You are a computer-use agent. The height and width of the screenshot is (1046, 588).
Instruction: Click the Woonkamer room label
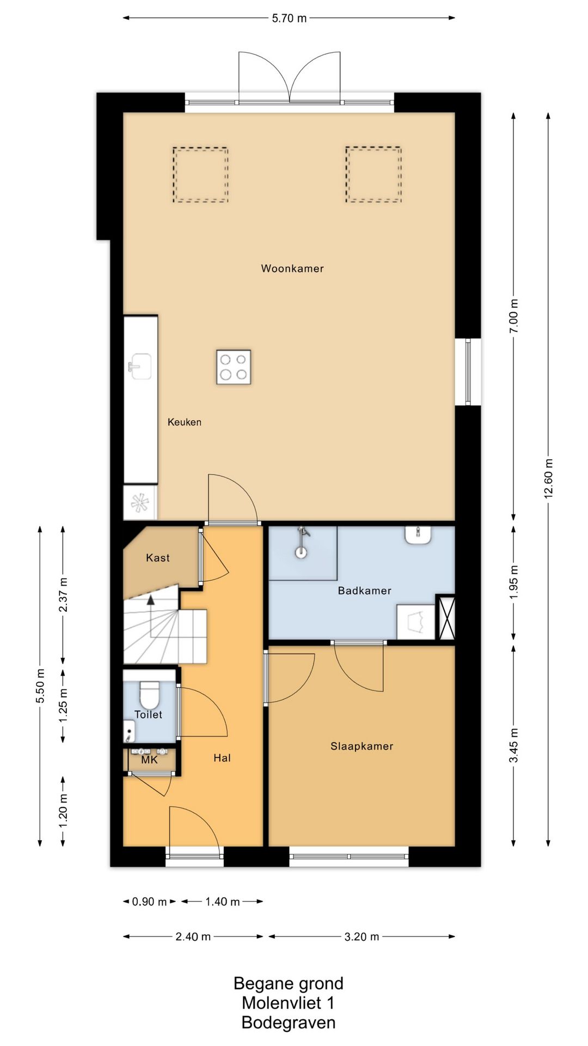(x=292, y=268)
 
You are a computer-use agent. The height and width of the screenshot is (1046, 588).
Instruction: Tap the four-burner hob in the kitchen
(x=234, y=367)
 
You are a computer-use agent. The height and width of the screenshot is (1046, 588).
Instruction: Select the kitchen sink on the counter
(x=140, y=367)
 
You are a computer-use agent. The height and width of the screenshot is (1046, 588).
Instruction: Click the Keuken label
(x=185, y=422)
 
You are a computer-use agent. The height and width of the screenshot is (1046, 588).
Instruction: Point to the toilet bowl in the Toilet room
(x=149, y=694)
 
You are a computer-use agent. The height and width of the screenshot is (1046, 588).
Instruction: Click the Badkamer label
(x=365, y=591)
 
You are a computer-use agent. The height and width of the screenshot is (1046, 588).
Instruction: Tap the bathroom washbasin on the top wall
(x=419, y=535)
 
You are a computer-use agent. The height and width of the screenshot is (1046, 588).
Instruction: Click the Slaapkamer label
(x=362, y=746)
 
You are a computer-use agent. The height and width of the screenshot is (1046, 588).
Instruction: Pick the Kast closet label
(x=158, y=558)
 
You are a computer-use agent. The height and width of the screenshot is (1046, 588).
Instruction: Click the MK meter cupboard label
(x=149, y=759)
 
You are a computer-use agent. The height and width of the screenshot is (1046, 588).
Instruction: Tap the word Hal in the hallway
(x=222, y=758)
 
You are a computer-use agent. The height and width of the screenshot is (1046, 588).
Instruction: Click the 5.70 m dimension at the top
(x=289, y=18)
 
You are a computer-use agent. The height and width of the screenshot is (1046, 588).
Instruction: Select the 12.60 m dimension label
(x=548, y=478)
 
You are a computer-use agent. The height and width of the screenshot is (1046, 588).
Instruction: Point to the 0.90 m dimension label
(x=150, y=902)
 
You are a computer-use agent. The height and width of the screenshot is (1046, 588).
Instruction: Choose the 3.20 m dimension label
(x=362, y=937)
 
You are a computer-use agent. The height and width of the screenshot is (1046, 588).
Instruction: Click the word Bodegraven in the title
(x=289, y=1023)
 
